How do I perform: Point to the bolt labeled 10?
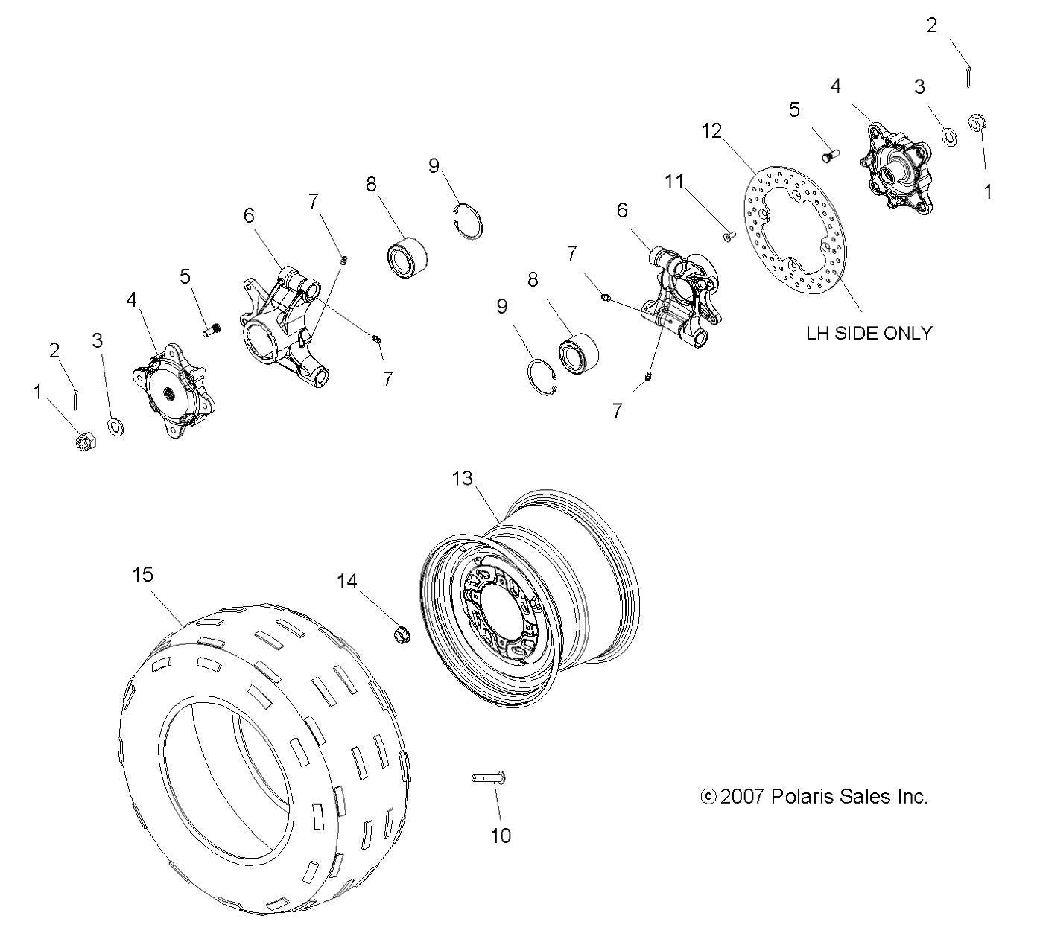pyautogui.click(x=488, y=778)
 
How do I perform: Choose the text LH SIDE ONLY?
pyautogui.click(x=869, y=333)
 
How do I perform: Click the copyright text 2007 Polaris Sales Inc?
pyautogui.click(x=815, y=796)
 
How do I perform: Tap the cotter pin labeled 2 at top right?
pyautogui.click(x=967, y=75)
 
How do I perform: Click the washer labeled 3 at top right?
pyautogui.click(x=950, y=137)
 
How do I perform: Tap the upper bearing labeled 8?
pyautogui.click(x=407, y=254)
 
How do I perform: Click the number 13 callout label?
pyautogui.click(x=462, y=478)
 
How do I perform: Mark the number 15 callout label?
pyautogui.click(x=142, y=574)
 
